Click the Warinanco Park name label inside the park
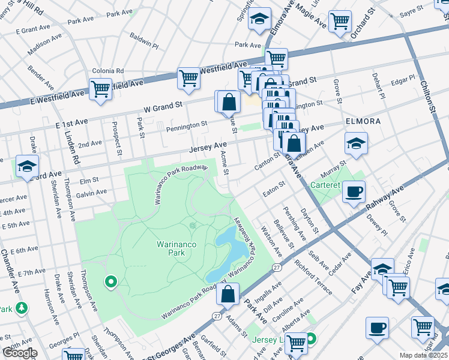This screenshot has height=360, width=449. (x=179, y=248)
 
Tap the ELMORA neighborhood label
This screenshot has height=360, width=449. (x=363, y=121)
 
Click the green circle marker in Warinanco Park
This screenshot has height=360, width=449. (x=110, y=281)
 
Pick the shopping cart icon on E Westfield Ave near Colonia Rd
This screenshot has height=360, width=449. (x=100, y=89)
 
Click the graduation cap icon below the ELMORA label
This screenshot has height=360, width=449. (x=356, y=144)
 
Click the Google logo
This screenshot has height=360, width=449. (x=20, y=352)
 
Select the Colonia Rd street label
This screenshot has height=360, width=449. (x=108, y=71)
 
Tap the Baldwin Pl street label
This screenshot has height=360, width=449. (x=143, y=41)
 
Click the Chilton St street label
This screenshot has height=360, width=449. (x=427, y=97)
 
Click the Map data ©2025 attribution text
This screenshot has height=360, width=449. (x=424, y=355)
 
